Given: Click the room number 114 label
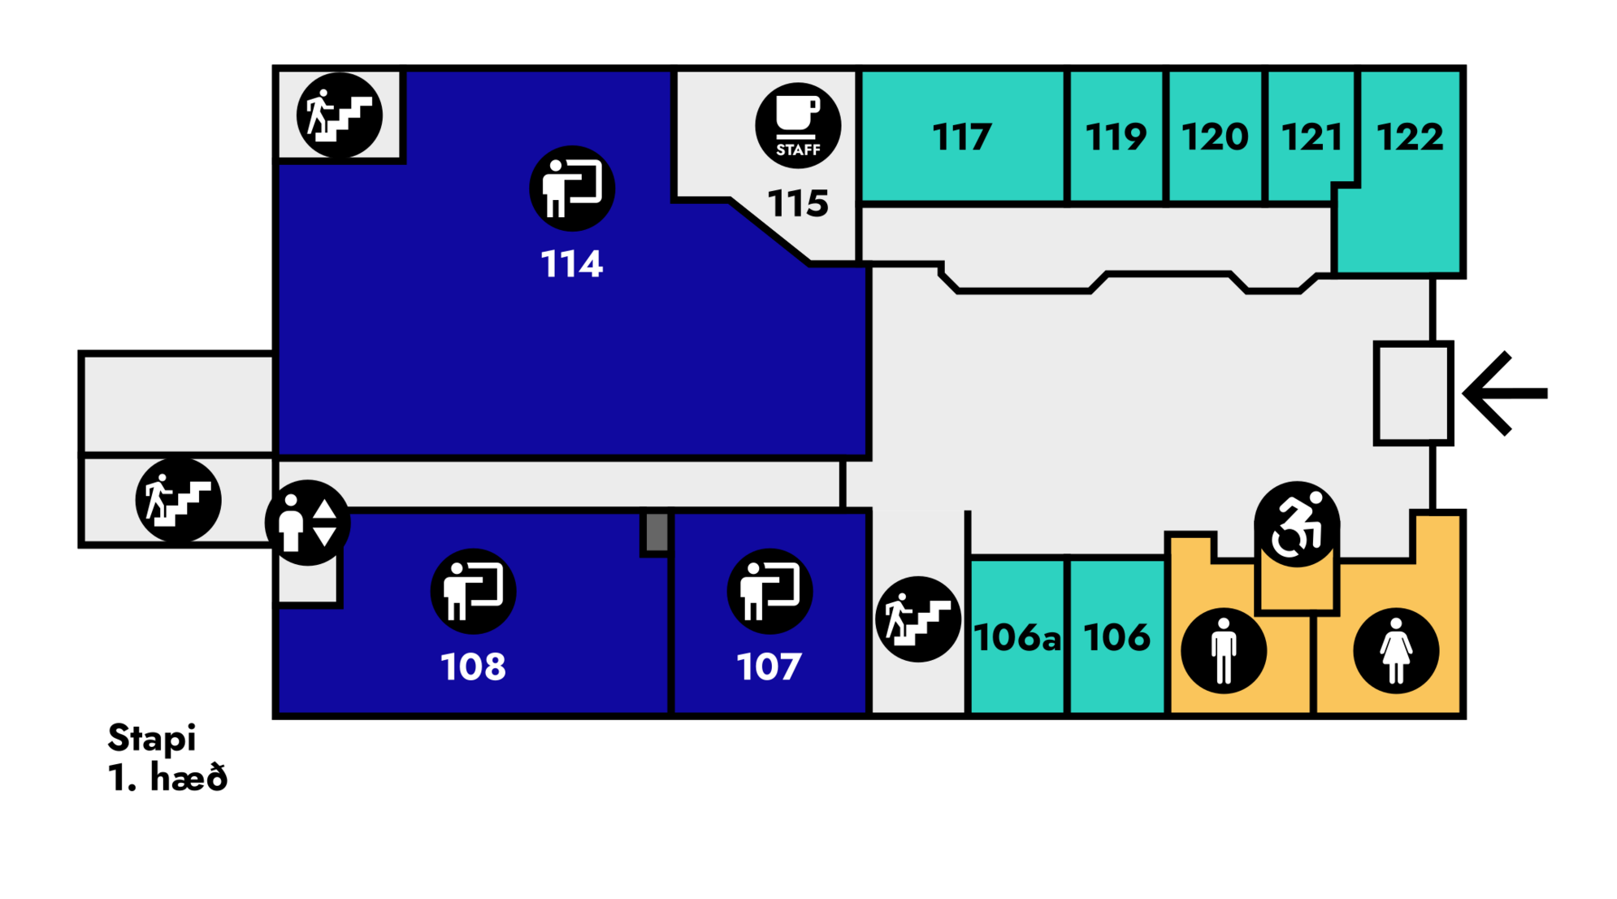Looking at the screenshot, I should tap(572, 264).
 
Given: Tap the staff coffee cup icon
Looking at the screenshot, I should tap(798, 125).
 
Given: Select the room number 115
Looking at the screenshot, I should tap(798, 203).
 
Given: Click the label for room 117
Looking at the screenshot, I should tap(961, 137).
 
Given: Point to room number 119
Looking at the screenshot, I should tap(1116, 137).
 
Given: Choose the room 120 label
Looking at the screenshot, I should tap(1215, 137).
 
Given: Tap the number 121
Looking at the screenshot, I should tap(1311, 137).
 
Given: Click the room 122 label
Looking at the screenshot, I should tap(1410, 137).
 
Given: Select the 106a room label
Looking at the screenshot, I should tap(1017, 637).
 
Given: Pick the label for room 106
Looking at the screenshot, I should tap(1116, 637).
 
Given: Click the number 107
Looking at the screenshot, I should tap(769, 667).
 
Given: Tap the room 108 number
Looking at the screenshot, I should tap(473, 667).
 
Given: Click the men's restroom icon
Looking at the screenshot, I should tap(1223, 650).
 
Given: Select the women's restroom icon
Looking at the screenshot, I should tap(1396, 650).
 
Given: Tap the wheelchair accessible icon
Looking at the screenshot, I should tap(1296, 524).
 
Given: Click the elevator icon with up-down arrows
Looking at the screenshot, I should tap(307, 523).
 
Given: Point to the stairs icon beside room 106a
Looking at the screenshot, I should tap(918, 619).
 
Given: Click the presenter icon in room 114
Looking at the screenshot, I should tap(572, 189).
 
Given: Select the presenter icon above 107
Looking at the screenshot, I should tap(769, 591).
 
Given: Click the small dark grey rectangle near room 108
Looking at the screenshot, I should tap(657, 532).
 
